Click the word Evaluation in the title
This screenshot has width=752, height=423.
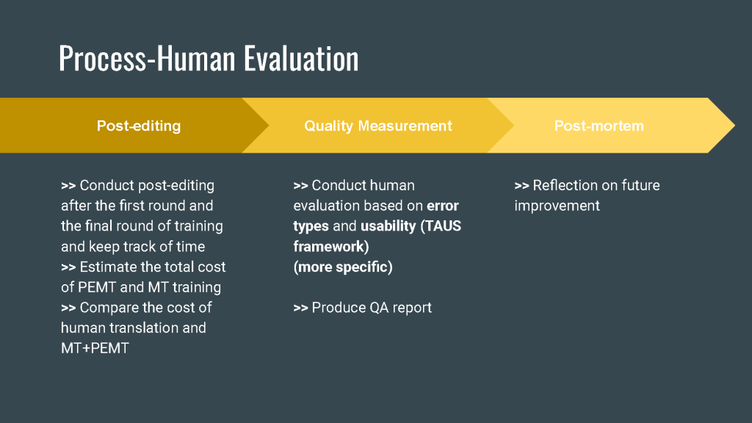[x=301, y=59]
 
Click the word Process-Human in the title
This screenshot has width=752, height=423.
[x=147, y=59]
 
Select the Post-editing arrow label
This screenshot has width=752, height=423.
[x=139, y=126]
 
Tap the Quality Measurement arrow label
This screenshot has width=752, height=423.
[x=378, y=126]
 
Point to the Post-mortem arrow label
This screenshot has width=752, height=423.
[x=599, y=126]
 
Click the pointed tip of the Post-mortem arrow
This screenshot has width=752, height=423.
[x=734, y=126]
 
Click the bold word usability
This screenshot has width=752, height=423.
[x=388, y=226]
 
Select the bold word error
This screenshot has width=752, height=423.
[x=443, y=206]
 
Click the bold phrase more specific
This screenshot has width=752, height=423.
[x=343, y=267]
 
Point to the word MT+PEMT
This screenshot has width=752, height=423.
[x=95, y=348]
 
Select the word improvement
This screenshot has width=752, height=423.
[x=557, y=206]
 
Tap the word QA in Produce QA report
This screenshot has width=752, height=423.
[x=380, y=308]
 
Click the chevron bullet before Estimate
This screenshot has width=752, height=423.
[x=68, y=267]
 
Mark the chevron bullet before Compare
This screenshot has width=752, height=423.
[x=68, y=308]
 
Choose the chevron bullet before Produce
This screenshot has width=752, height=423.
[x=300, y=308]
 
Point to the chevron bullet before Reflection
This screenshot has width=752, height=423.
[x=522, y=186]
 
